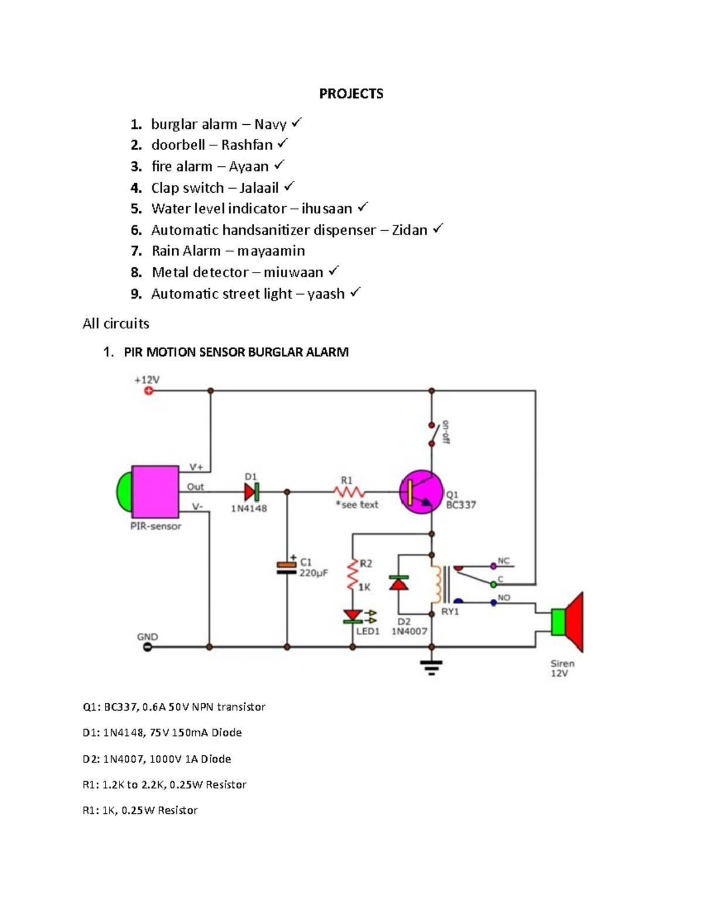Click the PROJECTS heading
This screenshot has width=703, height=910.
(351, 94)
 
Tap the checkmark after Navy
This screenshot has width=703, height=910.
(296, 122)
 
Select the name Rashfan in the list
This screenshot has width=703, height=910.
(247, 145)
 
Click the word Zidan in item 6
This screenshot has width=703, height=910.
(409, 230)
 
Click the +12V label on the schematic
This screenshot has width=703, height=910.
(146, 380)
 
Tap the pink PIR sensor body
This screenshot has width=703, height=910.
(155, 490)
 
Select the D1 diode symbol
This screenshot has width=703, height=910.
(251, 492)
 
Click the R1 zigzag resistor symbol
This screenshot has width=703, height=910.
(350, 492)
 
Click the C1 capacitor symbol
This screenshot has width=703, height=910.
(286, 567)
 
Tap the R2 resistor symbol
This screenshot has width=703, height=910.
(353, 575)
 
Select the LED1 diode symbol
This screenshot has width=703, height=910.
(353, 616)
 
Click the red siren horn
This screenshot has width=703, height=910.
(574, 622)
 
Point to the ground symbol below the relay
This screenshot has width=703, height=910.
(432, 667)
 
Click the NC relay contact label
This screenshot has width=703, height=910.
(504, 561)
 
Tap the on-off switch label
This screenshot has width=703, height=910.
(445, 432)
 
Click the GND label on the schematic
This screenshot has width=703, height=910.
(147, 637)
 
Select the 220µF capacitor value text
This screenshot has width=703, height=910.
(313, 573)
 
